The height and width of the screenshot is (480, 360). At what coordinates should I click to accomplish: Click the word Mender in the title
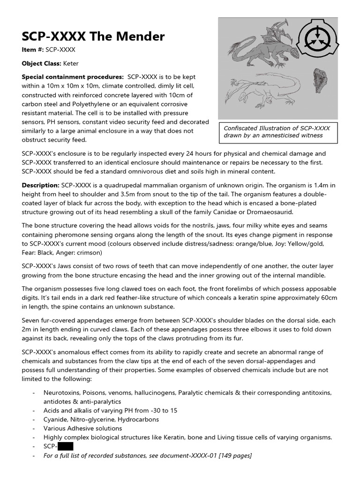pos(140,37)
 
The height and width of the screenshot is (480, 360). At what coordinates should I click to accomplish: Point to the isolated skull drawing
pos(320,79)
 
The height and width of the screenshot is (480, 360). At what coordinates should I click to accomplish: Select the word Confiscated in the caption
pos(242,128)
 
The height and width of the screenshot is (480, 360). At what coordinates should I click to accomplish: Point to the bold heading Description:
pos(40,185)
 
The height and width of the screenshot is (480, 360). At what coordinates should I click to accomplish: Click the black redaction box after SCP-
pos(65,446)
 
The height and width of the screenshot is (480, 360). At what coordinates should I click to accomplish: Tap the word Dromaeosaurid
pos(270,212)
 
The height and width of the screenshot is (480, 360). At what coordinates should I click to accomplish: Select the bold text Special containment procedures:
pos(73,77)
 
